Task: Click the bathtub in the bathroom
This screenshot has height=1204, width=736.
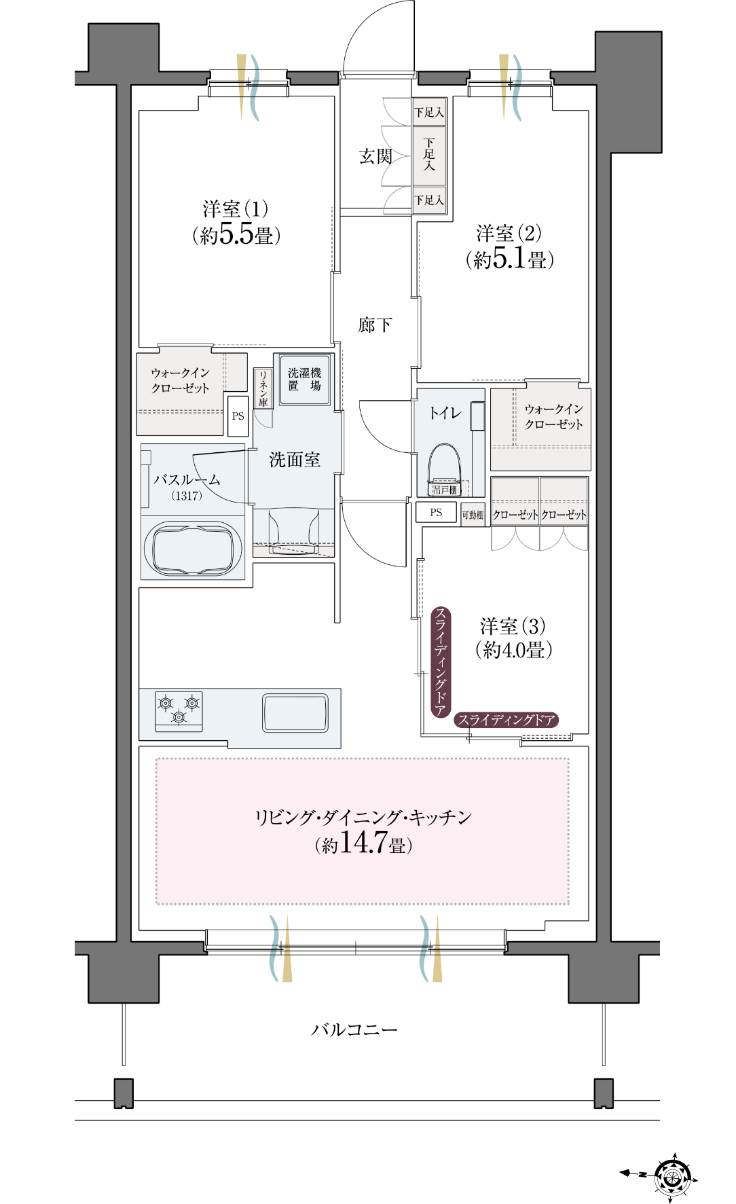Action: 194,549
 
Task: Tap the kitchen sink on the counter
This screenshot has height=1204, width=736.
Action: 295,712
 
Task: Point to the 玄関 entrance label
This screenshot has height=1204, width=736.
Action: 375,157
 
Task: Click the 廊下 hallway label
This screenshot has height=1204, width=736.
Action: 375,325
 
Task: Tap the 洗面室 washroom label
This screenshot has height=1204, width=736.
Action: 295,460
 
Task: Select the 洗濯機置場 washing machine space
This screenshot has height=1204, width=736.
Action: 305,380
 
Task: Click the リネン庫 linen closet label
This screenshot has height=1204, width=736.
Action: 263,388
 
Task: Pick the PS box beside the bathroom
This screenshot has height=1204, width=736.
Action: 238,416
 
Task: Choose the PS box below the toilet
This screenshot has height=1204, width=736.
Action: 436,513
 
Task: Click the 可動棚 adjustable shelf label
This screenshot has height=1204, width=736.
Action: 473,515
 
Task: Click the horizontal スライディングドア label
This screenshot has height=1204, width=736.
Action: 506,720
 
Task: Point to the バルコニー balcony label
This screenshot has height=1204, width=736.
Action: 354,1029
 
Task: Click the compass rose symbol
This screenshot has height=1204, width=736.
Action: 671,1173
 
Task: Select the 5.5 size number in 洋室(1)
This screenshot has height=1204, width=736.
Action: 236,234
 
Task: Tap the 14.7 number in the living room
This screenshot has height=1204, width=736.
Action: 363,842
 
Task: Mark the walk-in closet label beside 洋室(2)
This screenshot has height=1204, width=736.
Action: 553,416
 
